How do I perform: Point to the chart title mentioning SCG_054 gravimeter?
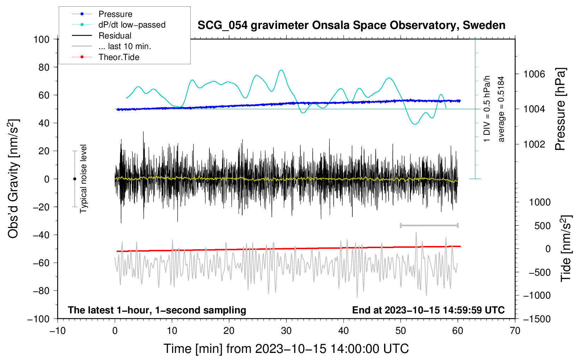(351, 25)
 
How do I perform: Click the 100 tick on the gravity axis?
(41, 39)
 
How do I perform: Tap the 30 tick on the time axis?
(286, 331)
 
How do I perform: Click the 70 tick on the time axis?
(515, 331)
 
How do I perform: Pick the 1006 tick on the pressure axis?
(534, 74)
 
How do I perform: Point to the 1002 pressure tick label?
(534, 144)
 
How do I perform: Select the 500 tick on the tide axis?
(542, 226)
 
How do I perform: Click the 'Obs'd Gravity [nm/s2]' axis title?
(13, 179)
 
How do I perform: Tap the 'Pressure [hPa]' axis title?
(560, 109)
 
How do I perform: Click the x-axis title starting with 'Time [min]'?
(286, 349)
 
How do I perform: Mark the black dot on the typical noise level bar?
(74, 179)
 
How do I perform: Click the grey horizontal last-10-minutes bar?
(429, 225)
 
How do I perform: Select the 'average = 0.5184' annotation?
(501, 109)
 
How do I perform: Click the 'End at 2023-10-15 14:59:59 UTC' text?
(428, 310)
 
